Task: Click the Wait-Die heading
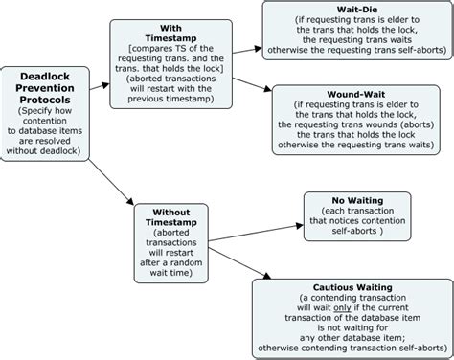[356, 8]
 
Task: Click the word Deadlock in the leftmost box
[48, 77]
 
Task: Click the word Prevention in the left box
[48, 89]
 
